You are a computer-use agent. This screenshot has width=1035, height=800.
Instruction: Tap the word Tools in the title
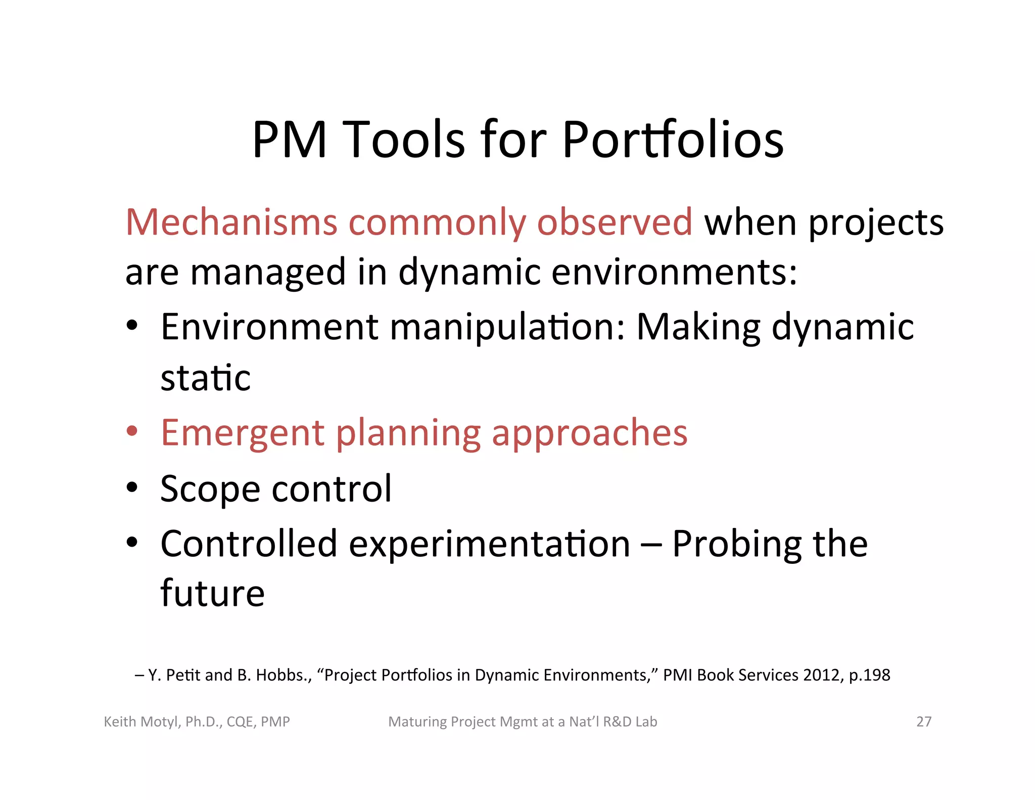[x=404, y=140]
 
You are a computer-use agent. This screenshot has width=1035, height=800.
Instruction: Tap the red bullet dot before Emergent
[x=132, y=431]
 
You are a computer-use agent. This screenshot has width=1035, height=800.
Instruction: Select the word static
[x=206, y=378]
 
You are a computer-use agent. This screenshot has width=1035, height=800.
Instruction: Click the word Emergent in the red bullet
[x=243, y=433]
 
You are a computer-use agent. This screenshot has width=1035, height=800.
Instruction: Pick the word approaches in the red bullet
[x=589, y=434]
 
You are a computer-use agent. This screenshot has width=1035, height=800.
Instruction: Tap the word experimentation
[x=489, y=544]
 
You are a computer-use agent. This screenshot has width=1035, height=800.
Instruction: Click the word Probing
[x=737, y=545]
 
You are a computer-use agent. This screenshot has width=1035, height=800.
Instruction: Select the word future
[x=213, y=593]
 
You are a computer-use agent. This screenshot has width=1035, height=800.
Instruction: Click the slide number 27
[x=924, y=722]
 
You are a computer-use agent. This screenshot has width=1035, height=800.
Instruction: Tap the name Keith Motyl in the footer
[x=140, y=722]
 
